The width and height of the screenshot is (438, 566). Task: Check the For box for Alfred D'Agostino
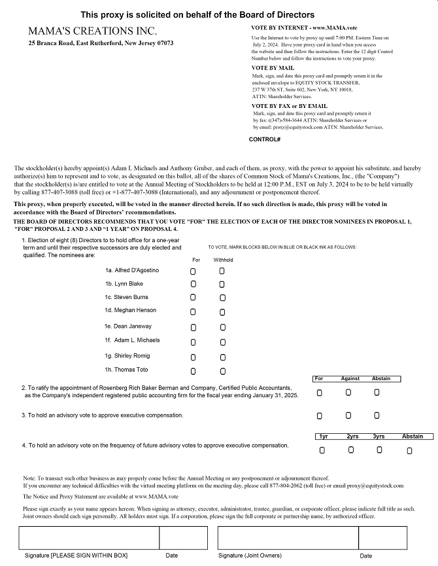click(193, 270)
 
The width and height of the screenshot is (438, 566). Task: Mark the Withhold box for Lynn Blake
click(222, 285)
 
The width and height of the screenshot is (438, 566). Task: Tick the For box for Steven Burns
click(193, 298)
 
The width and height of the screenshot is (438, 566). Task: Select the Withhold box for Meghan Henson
click(222, 313)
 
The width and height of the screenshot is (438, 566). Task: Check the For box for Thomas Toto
click(193, 371)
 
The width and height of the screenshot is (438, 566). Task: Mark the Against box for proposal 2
click(348, 393)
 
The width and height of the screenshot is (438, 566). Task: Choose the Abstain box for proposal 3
click(377, 416)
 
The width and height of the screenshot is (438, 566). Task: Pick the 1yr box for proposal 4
click(322, 450)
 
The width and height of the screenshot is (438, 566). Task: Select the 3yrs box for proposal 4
click(379, 450)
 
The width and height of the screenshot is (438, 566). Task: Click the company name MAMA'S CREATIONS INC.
click(92, 31)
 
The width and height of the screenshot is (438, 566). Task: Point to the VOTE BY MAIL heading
click(273, 68)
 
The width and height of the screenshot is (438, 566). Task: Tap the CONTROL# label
click(265, 139)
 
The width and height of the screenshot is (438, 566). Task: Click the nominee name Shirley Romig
click(133, 355)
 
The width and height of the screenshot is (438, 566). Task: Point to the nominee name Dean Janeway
click(133, 326)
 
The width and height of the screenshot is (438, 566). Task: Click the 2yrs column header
click(352, 436)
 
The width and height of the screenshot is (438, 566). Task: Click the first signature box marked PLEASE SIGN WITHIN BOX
click(89, 537)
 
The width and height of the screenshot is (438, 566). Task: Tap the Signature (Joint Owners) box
click(288, 537)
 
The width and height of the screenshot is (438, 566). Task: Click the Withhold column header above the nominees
click(223, 260)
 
